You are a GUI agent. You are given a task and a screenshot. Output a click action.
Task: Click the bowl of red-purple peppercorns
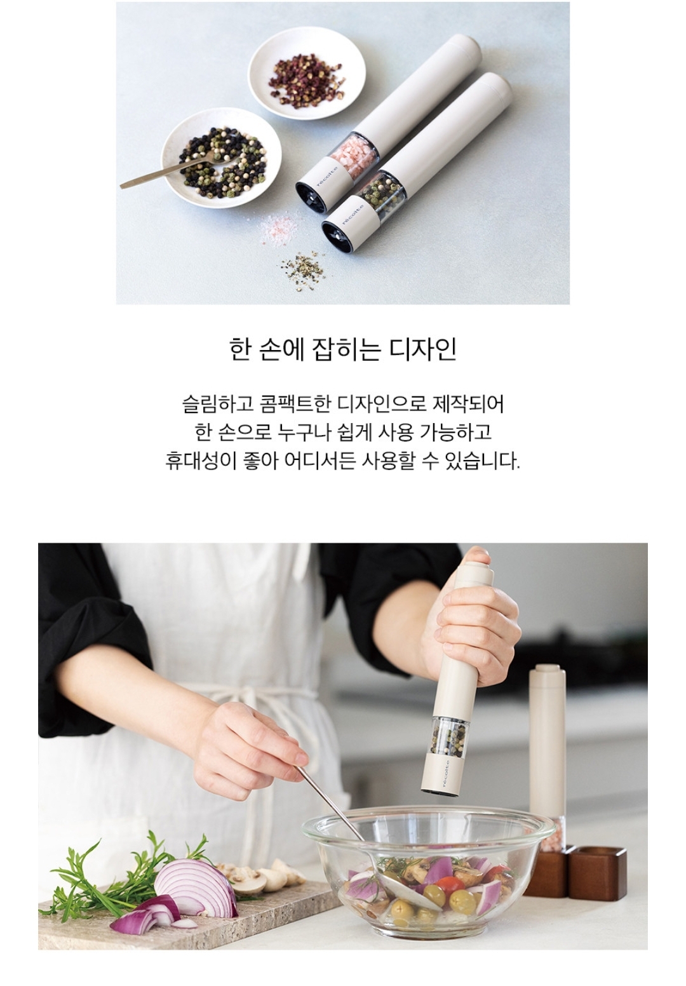306,74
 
